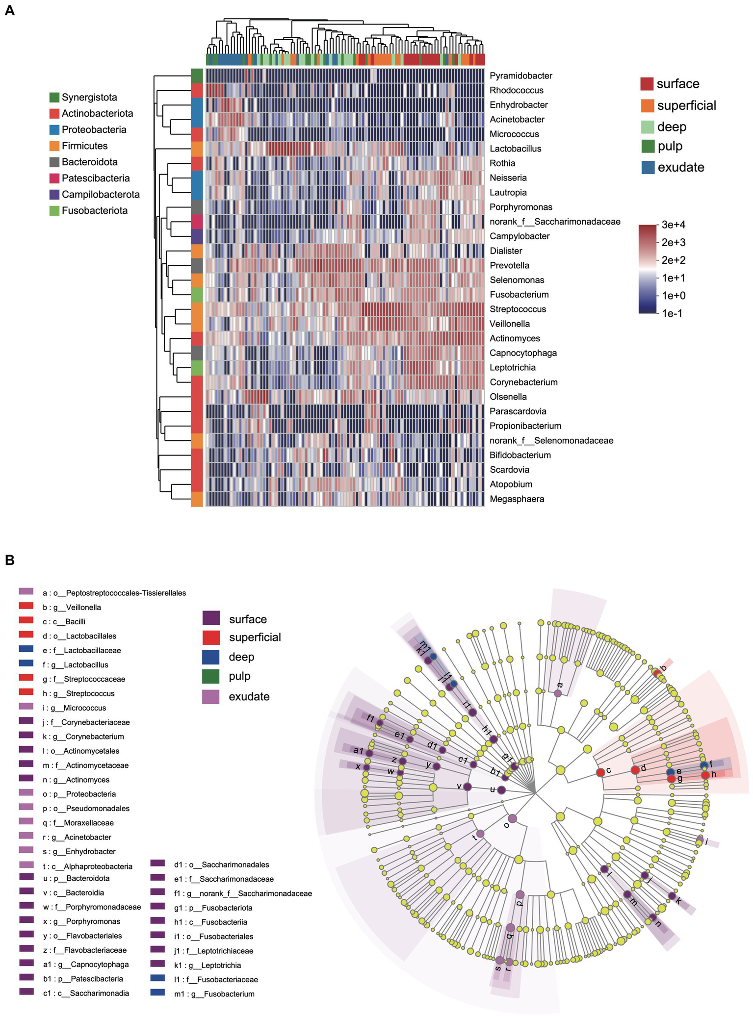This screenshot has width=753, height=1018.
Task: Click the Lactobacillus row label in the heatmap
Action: point(515,149)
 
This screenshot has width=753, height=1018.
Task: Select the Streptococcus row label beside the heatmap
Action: point(518,309)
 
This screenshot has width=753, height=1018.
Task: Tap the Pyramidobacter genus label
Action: point(520,76)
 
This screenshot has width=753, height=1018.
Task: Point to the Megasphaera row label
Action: point(517,499)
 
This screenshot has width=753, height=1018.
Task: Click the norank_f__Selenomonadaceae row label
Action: point(551,440)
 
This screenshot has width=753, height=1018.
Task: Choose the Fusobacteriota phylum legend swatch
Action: point(54,211)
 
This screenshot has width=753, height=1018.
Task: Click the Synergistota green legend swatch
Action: point(54,98)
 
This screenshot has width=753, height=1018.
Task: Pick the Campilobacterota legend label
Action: point(100,195)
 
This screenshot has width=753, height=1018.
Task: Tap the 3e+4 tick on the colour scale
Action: point(673,225)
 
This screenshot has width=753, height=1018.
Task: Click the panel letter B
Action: point(9,560)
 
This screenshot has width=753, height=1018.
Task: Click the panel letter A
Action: point(9,10)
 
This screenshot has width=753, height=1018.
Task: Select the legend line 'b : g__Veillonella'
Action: point(72,608)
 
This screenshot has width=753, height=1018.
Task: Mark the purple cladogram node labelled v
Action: point(467,787)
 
